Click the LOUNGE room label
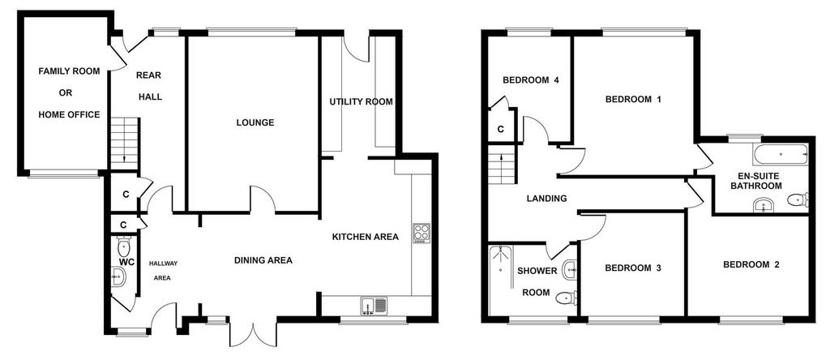click(x=255, y=122)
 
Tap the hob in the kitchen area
click(x=421, y=233)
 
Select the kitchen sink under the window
click(x=374, y=306)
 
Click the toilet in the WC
click(x=124, y=246)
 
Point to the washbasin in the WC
click(x=118, y=276)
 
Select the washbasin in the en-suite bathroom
click(x=764, y=205)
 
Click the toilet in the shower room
click(x=567, y=298)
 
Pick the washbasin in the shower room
click(x=571, y=269)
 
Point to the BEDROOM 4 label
click(x=531, y=80)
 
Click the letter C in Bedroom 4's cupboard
click(x=501, y=129)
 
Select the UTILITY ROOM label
click(x=361, y=101)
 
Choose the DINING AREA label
click(x=263, y=260)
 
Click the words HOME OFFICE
click(x=69, y=114)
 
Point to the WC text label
click(x=126, y=262)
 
